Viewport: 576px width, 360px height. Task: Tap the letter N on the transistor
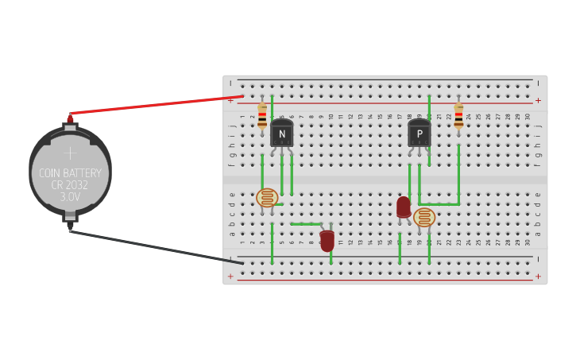(281, 134)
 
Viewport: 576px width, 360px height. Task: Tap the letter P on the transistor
(419, 134)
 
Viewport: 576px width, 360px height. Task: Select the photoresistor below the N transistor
(267, 198)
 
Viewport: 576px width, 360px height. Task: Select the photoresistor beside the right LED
(424, 217)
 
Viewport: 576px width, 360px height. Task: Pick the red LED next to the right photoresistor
(404, 207)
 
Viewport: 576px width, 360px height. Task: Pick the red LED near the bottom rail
(327, 240)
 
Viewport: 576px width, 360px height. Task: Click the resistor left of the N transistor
(262, 116)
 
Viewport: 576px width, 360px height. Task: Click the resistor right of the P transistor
(458, 116)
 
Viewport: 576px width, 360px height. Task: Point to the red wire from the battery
(159, 105)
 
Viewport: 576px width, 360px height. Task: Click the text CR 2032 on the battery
(70, 185)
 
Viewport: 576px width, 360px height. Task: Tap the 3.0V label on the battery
(70, 196)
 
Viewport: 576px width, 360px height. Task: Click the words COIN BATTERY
(70, 173)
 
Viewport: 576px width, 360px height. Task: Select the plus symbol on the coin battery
(70, 153)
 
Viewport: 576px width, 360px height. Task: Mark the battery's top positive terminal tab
(70, 126)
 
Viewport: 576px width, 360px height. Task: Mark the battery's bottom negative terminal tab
(70, 217)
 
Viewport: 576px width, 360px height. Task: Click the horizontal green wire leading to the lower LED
(306, 224)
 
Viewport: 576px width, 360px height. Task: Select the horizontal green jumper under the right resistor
(439, 204)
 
